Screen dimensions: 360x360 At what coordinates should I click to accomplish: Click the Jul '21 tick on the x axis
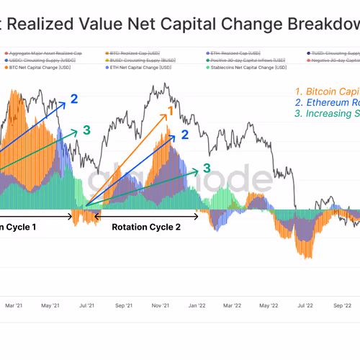[x=86, y=305]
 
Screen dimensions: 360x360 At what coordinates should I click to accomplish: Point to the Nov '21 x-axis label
[x=160, y=305]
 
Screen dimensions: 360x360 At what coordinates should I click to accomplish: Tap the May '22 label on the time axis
[x=269, y=305]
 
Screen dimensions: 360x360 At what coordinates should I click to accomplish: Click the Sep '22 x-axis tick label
[x=342, y=305]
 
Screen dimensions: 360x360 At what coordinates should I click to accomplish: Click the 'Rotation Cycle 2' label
[x=145, y=226]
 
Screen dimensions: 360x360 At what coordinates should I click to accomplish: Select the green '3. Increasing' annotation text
[x=327, y=113]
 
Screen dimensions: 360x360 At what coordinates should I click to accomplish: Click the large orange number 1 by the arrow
[x=170, y=111]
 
